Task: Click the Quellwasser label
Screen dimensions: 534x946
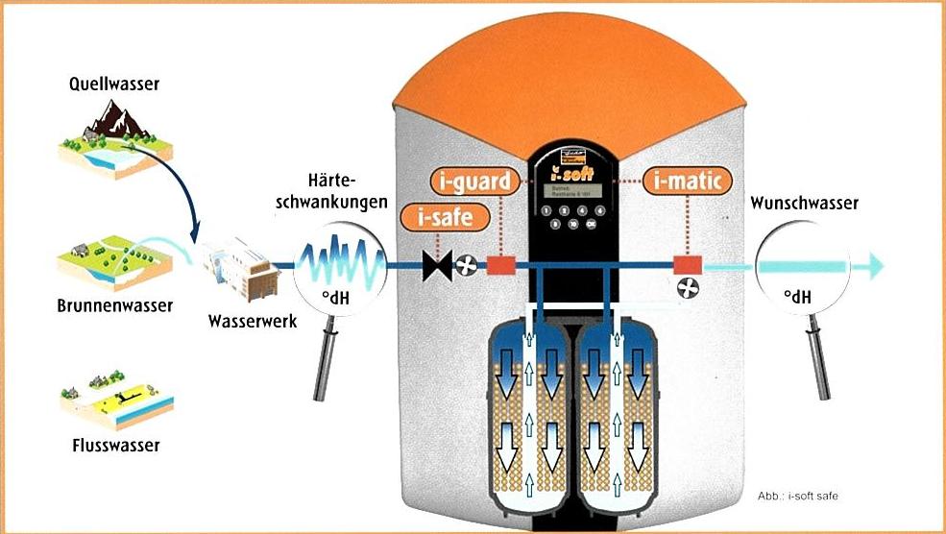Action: pyautogui.click(x=113, y=85)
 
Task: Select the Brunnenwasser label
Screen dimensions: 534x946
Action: pyautogui.click(x=113, y=305)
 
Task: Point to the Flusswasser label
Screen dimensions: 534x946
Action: pyautogui.click(x=115, y=445)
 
